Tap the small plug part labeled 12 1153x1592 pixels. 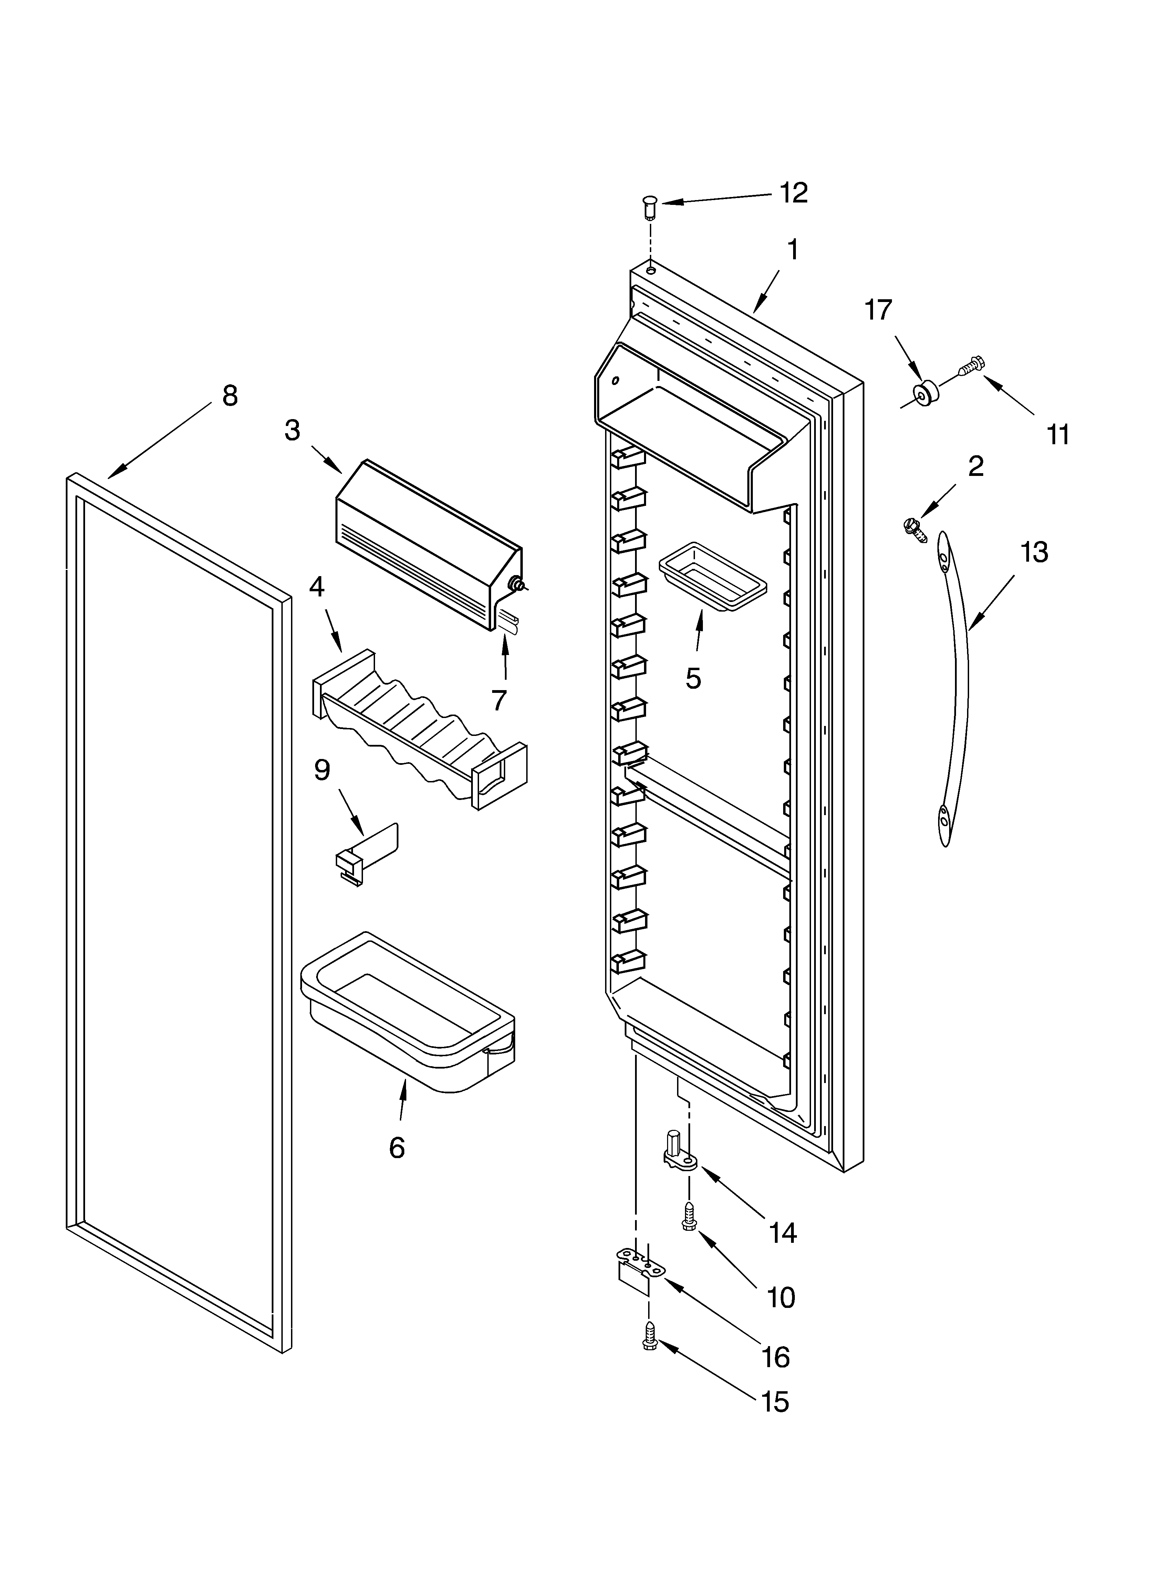[x=649, y=208]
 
